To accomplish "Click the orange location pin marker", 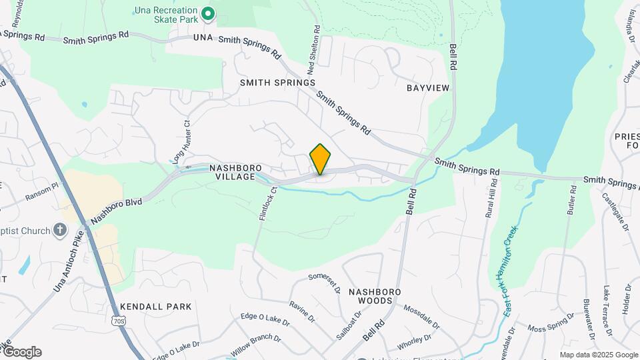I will [x=321, y=159].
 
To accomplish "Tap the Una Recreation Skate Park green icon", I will [x=208, y=13].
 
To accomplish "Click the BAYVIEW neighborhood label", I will [x=428, y=87].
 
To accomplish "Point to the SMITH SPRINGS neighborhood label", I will [x=278, y=83].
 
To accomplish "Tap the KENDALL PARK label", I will [x=156, y=307].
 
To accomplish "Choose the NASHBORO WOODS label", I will [x=374, y=296].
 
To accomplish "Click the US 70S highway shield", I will [x=119, y=321].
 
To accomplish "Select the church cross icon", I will [x=61, y=231].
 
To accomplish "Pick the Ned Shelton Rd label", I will [x=313, y=49].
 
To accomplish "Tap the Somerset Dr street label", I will [x=325, y=282].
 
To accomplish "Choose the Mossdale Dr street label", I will [x=421, y=317].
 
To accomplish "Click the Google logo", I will [x=21, y=352].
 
